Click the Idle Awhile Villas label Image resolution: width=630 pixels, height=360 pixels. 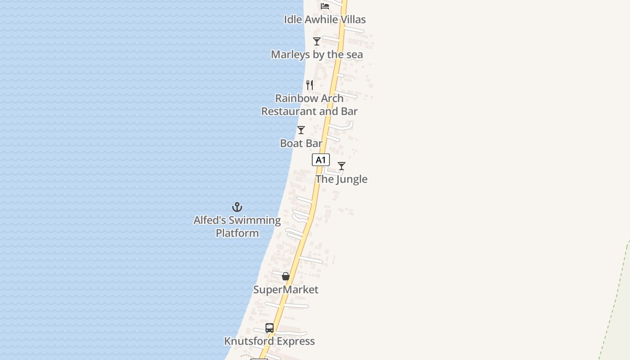pos(324,19)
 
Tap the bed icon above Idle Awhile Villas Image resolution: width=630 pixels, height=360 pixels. pos(325,6)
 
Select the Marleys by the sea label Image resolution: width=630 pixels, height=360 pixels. pos(317,54)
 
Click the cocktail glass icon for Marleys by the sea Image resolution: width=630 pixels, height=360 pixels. pos(317,41)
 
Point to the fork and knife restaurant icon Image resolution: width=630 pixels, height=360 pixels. pos(310,85)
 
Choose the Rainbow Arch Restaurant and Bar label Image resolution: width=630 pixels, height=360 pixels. pos(310,104)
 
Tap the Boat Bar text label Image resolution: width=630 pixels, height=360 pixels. pos(301,143)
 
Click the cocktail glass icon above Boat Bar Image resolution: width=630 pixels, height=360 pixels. pos(301,130)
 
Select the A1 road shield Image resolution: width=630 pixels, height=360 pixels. pos(321,160)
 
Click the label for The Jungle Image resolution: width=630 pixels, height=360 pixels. pos(342,179)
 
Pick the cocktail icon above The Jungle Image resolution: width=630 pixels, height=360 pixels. pos(342,166)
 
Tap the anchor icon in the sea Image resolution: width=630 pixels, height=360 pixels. pos(237,207)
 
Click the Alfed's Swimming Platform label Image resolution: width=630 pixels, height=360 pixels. pos(237,226)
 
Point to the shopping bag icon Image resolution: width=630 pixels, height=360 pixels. pos(286,276)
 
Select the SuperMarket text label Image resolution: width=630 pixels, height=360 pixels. pos(286,289)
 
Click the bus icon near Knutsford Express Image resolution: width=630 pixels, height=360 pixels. pos(270,328)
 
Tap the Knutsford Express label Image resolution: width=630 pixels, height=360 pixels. pos(270,341)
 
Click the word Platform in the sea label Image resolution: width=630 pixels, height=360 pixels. pos(237,233)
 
